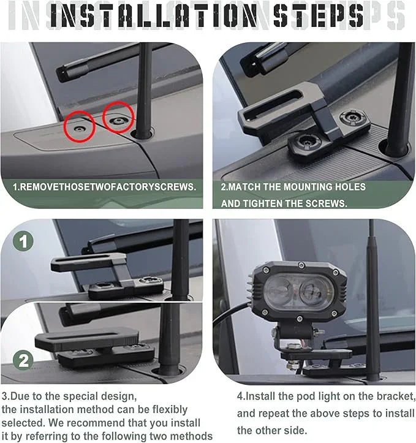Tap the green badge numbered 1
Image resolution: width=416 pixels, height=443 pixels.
[23, 241]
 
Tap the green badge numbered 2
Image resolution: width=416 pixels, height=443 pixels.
[23, 360]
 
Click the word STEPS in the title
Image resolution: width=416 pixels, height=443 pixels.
[319, 16]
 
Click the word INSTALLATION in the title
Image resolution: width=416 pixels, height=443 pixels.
[153, 16]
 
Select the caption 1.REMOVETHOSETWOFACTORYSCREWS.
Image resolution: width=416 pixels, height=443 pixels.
[105, 187]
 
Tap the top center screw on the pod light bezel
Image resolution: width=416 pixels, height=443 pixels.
[301, 265]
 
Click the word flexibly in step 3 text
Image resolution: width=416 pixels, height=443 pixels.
[170, 410]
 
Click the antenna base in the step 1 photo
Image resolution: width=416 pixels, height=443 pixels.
[143, 134]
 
